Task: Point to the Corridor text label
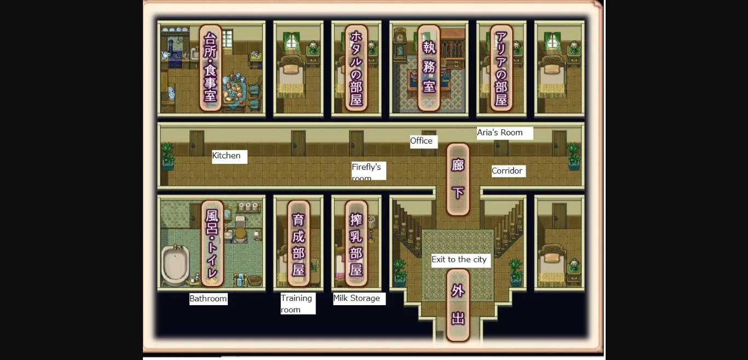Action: click(x=507, y=171)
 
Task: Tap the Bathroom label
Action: click(x=208, y=299)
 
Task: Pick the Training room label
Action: click(x=297, y=304)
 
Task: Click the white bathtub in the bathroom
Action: click(x=175, y=264)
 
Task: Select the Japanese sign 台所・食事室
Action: click(x=210, y=67)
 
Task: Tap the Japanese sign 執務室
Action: click(x=429, y=67)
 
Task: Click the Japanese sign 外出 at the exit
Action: click(x=458, y=305)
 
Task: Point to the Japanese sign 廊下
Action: click(x=458, y=179)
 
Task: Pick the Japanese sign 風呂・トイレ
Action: click(x=212, y=243)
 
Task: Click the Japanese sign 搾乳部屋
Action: click(x=356, y=243)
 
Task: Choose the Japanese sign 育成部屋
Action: click(x=298, y=243)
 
